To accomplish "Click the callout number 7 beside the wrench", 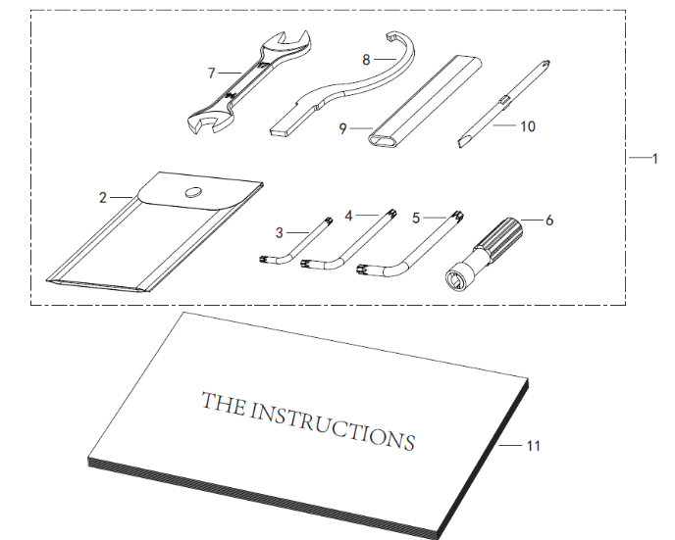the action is click(x=211, y=74).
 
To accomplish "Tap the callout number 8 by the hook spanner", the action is click(x=366, y=60).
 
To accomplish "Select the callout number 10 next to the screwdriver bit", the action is click(x=528, y=126).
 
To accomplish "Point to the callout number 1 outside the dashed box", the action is click(x=655, y=159).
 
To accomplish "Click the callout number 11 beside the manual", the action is click(x=534, y=446).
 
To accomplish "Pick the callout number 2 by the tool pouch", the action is click(x=102, y=198).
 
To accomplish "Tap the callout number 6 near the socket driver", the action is click(x=549, y=221).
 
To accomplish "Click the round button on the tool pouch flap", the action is click(x=193, y=192).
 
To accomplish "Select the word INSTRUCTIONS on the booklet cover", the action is click(x=332, y=424).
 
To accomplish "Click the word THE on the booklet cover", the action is click(x=224, y=403).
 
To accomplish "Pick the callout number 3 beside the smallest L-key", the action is click(x=280, y=233).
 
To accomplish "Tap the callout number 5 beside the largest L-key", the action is click(x=415, y=218).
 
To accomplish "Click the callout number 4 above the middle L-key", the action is click(x=348, y=216).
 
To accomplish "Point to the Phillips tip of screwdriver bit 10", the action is click(x=545, y=65).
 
